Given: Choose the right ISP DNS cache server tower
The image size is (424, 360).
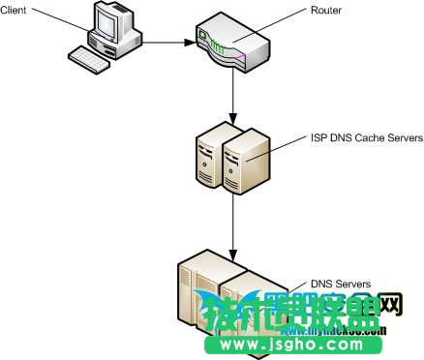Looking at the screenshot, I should [x=242, y=159].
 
